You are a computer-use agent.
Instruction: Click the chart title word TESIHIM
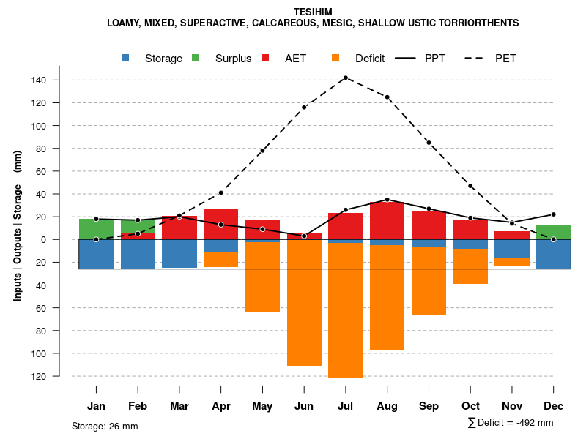click(x=313, y=12)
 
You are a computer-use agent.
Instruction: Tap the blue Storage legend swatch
click(x=126, y=58)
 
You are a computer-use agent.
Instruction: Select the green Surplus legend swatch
click(x=196, y=58)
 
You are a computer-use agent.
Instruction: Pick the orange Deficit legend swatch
click(x=336, y=58)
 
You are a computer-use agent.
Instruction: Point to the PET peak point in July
click(x=346, y=78)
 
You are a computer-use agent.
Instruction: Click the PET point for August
click(x=387, y=97)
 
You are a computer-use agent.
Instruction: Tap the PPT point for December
click(x=554, y=214)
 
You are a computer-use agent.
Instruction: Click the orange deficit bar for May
click(x=262, y=277)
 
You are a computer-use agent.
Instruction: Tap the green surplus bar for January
click(x=96, y=229)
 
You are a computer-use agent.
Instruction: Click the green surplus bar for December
click(x=554, y=232)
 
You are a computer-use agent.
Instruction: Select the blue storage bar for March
click(x=179, y=253)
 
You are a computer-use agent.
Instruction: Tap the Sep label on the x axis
click(x=429, y=406)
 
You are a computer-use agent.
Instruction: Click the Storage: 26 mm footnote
click(x=105, y=426)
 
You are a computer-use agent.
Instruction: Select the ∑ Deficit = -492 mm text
click(x=510, y=422)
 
